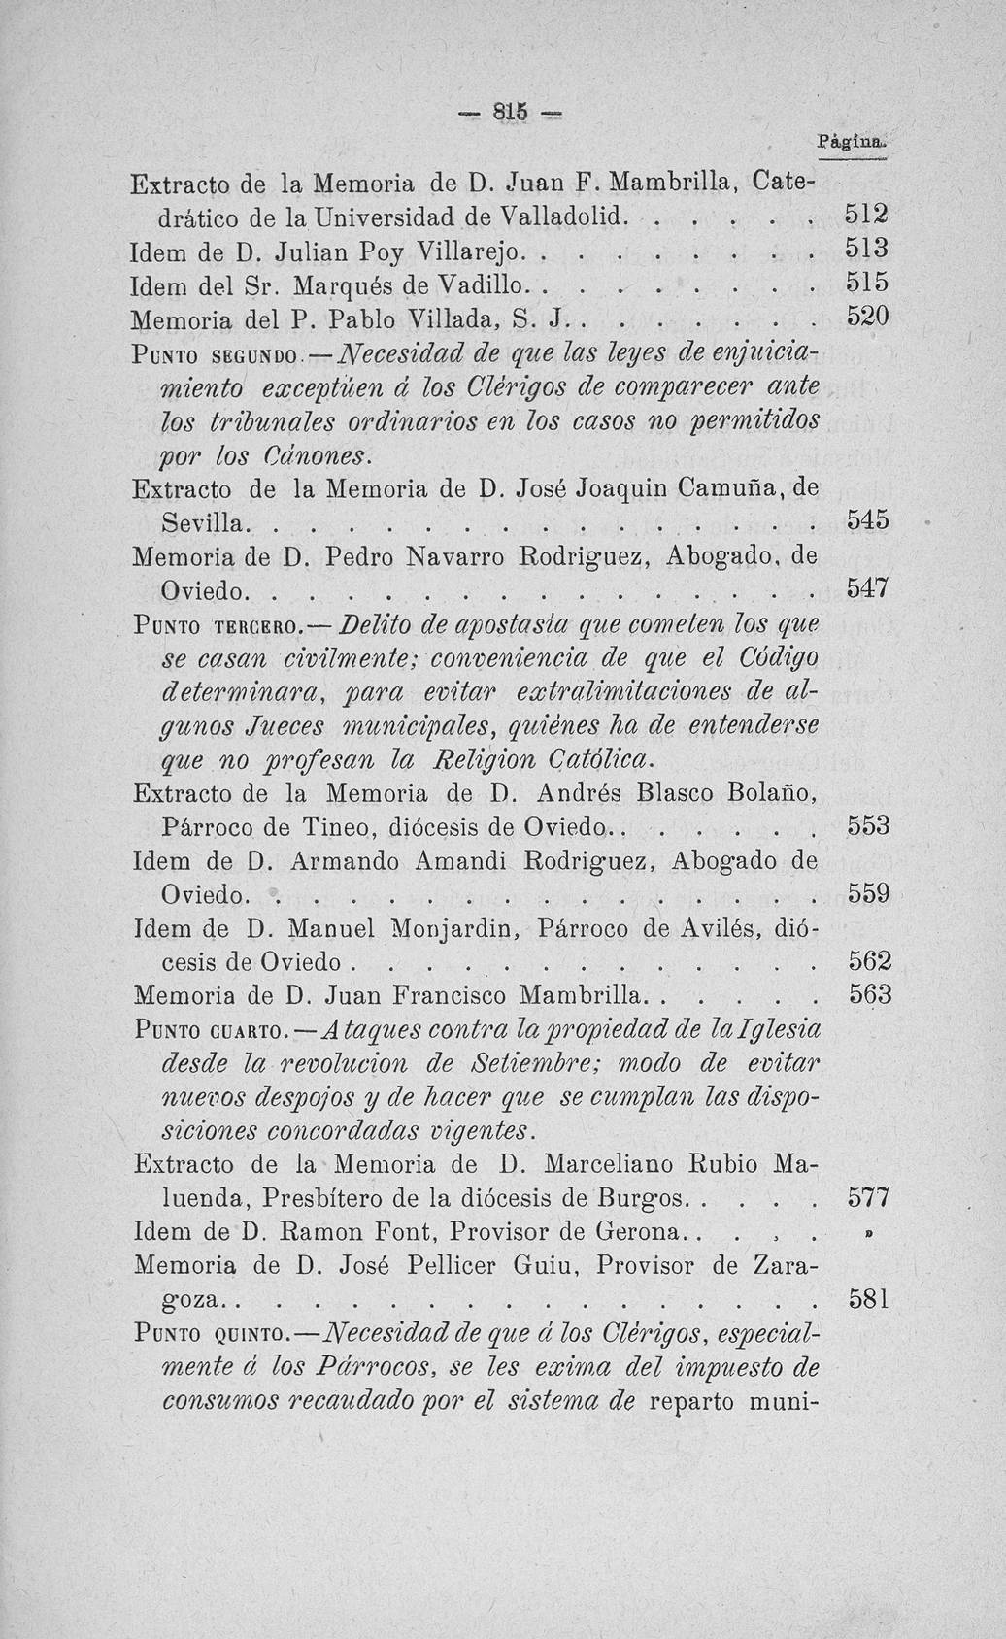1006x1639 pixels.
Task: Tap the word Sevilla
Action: click(x=202, y=523)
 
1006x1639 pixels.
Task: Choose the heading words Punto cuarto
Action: click(x=208, y=1029)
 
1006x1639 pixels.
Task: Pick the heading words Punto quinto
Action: click(x=208, y=1332)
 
